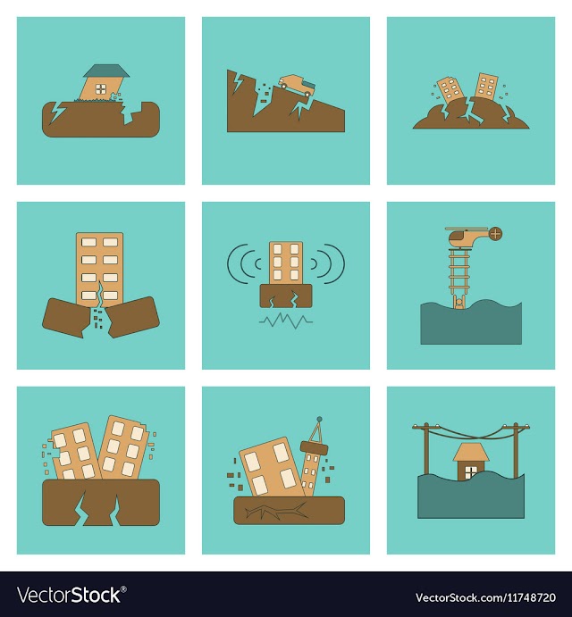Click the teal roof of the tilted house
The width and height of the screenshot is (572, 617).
(106, 71)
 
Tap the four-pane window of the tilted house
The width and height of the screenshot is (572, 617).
(101, 89)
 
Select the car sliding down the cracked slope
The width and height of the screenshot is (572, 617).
(296, 85)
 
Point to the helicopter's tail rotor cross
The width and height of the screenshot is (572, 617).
(496, 234)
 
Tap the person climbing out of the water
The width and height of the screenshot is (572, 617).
(458, 303)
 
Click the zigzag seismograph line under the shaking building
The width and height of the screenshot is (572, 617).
(286, 321)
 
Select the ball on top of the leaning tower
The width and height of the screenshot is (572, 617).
(319, 419)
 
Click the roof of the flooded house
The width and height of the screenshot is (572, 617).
(471, 452)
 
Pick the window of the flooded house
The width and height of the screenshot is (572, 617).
(470, 472)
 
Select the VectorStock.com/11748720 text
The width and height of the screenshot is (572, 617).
(485, 597)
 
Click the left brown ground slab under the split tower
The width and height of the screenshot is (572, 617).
(66, 318)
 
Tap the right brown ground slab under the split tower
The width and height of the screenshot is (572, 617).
(134, 317)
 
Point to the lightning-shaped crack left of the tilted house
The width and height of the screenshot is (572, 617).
(56, 113)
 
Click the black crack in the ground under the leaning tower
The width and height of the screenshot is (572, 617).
(276, 511)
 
